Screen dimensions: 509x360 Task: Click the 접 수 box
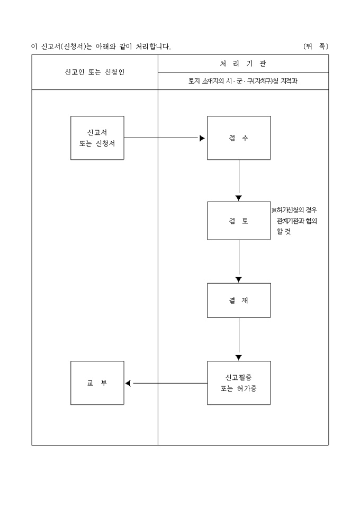point(239,138)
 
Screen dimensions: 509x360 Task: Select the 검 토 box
point(239,221)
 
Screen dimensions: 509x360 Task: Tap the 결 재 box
point(239,301)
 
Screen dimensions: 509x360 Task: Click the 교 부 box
point(97,383)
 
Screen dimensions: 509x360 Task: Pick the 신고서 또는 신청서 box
point(97,138)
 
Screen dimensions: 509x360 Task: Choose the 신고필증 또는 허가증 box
point(239,383)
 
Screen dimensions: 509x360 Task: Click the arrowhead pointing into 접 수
point(202,138)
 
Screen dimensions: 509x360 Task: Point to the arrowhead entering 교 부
point(128,383)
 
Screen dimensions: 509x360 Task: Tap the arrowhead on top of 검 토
point(239,198)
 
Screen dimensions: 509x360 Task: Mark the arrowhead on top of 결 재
point(239,279)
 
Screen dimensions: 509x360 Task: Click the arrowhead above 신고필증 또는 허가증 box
point(239,357)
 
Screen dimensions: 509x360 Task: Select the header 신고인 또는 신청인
point(95,72)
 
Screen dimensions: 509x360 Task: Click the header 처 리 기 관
point(243,63)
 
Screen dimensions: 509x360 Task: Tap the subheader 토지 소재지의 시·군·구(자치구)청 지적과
point(243,81)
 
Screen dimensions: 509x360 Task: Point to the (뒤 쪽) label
point(316,47)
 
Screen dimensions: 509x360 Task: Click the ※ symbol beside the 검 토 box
point(274,210)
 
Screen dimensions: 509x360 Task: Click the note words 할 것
point(284,232)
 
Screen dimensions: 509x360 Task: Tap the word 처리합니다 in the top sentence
point(152,47)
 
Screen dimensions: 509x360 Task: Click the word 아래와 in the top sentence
point(106,47)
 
